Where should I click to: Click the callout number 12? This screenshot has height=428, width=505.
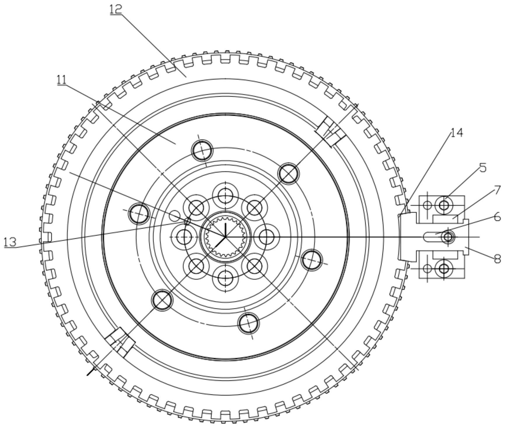point(116,9)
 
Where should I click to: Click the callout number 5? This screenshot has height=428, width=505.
point(483,168)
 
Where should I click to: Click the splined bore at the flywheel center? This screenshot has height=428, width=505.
point(225,237)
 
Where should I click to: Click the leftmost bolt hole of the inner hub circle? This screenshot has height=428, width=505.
point(184,237)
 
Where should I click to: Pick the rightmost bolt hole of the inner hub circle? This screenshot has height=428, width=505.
point(266,237)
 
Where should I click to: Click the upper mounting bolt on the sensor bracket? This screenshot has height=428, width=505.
point(444,205)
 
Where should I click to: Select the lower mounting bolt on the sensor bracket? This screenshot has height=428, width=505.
point(444,268)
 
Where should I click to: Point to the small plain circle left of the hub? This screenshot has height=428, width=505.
point(175,216)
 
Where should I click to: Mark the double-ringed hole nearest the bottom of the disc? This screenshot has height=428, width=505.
point(248,323)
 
